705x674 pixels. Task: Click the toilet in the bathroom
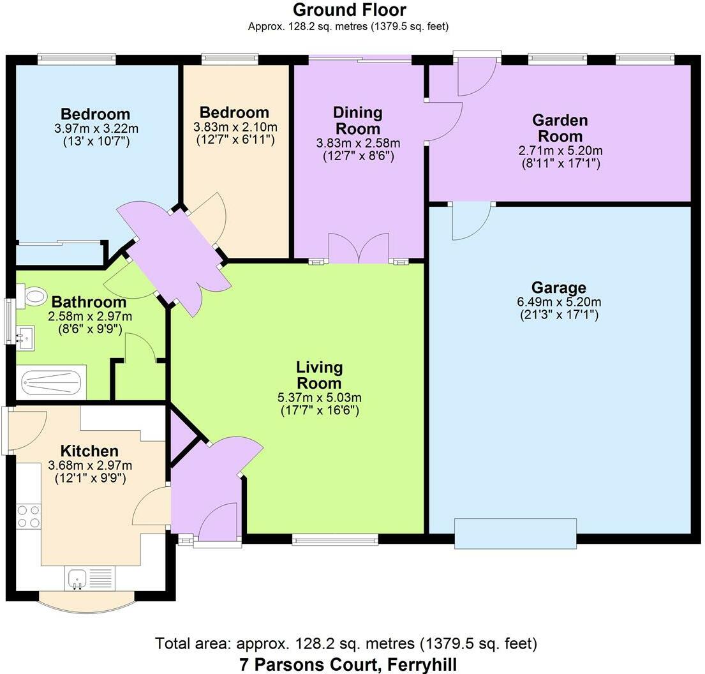point(34,296)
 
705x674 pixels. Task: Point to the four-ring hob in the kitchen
point(28,516)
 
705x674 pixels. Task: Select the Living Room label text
point(320,375)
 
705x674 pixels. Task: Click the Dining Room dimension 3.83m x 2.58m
point(358,143)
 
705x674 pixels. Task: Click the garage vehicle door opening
point(516,534)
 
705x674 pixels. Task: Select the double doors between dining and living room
point(359,249)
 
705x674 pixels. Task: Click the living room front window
point(335,540)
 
